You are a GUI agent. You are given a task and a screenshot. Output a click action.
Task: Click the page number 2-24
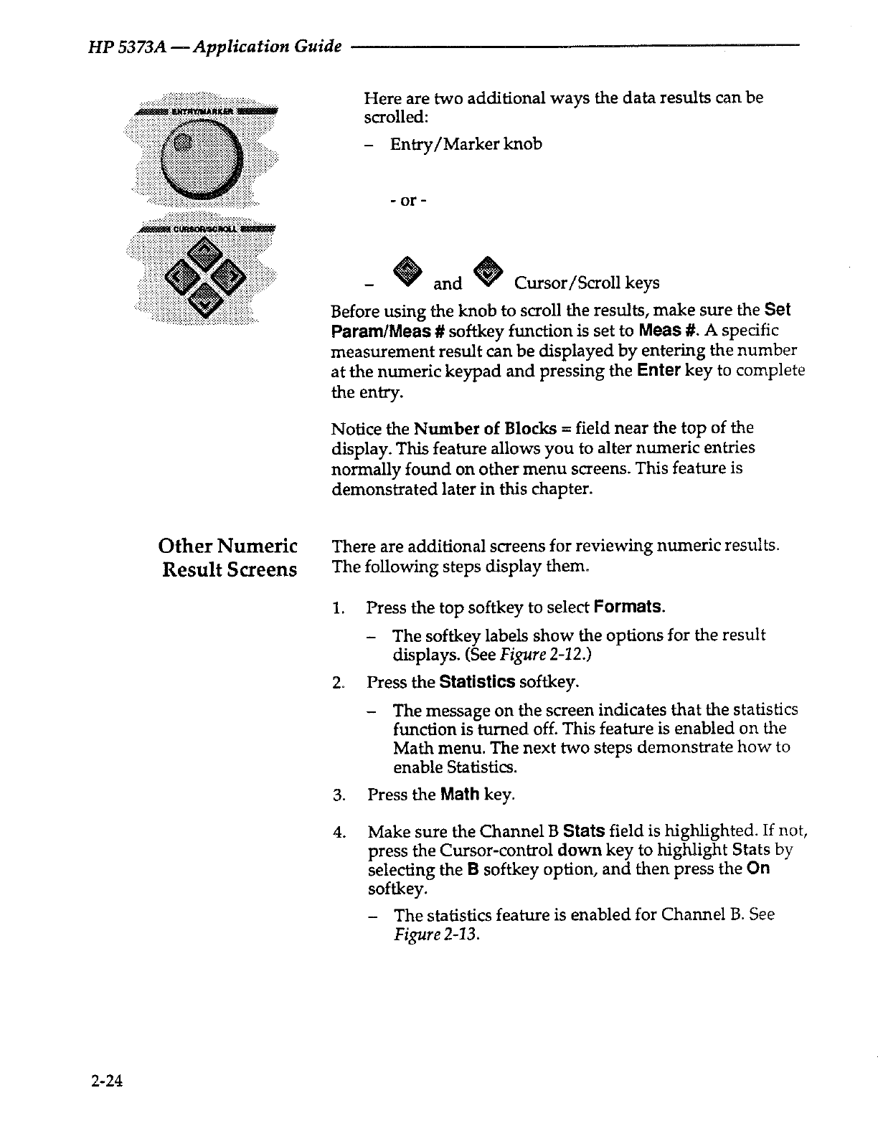[x=108, y=1081]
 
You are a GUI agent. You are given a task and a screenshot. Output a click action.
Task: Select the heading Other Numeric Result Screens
[x=228, y=558]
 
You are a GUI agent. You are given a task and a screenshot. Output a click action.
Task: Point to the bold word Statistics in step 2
[x=477, y=681]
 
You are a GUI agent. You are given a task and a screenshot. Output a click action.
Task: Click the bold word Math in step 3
[x=460, y=795]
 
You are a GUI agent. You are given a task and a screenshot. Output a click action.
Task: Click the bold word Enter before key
[x=658, y=371]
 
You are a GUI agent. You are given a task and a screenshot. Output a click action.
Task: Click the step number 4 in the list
[x=337, y=833]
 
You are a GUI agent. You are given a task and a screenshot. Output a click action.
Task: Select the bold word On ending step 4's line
[x=758, y=869]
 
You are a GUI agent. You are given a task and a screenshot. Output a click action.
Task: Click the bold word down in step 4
[x=579, y=851]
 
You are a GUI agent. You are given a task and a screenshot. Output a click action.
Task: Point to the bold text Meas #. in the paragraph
[x=664, y=330]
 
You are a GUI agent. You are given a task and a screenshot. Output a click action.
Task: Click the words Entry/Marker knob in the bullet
[x=466, y=144]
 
